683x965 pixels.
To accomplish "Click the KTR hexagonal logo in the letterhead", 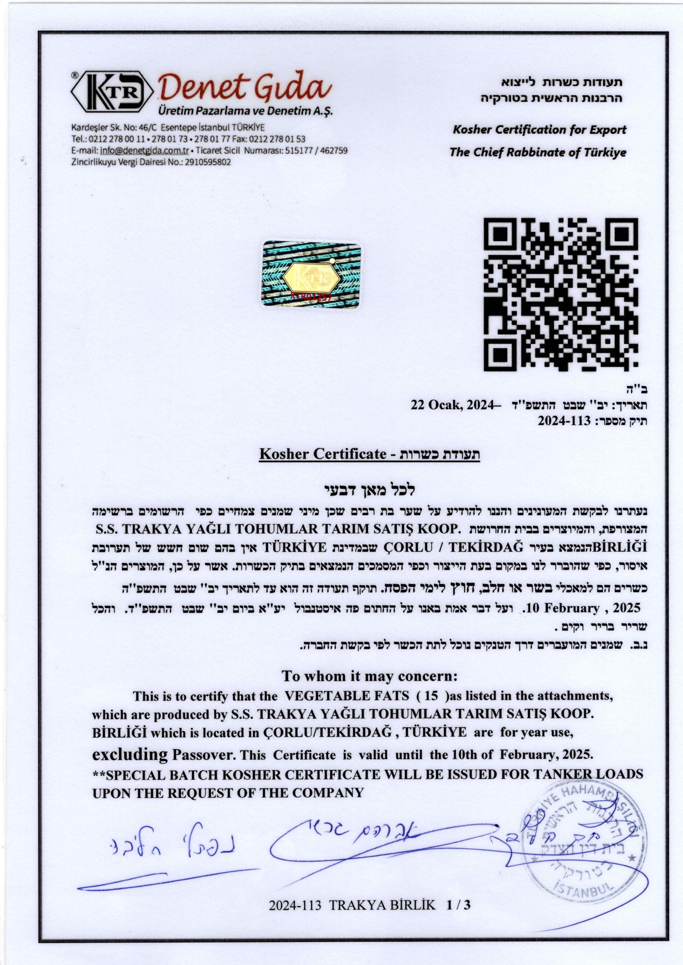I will [x=113, y=93].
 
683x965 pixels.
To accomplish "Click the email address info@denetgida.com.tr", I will [x=144, y=150].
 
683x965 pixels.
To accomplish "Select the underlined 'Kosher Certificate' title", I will [x=323, y=454].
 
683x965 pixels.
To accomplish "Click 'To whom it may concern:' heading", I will [x=369, y=676].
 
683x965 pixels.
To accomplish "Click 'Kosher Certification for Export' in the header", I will [x=540, y=130].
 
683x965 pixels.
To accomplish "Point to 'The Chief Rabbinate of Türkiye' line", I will [x=538, y=152].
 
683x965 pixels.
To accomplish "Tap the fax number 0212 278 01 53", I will [x=278, y=139].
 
